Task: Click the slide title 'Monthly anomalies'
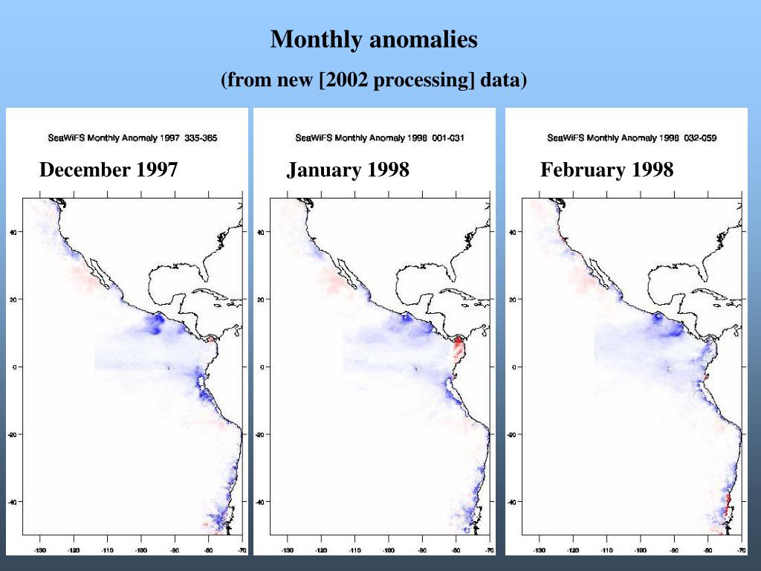click(374, 39)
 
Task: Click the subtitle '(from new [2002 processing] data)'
click(374, 80)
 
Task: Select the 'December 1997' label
click(109, 170)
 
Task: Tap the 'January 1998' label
click(348, 170)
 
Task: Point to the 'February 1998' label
click(606, 170)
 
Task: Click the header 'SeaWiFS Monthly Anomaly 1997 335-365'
click(132, 138)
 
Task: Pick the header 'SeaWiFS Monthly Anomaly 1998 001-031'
click(380, 138)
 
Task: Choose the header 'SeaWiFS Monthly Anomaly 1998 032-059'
click(632, 138)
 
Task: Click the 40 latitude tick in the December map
click(13, 232)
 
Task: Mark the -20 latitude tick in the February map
click(512, 435)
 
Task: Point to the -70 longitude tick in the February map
click(741, 551)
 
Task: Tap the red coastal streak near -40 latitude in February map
click(728, 506)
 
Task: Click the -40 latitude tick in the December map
click(12, 502)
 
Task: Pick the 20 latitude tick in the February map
click(513, 300)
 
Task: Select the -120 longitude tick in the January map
click(320, 551)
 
